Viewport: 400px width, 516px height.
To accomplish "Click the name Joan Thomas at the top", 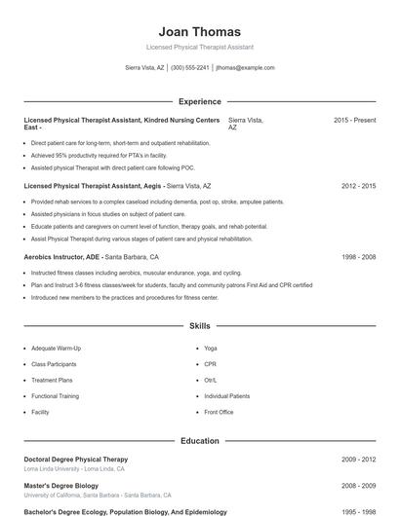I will [x=199, y=32].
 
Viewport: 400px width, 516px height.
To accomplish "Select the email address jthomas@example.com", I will [x=245, y=68].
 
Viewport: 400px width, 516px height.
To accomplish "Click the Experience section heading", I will [x=199, y=101].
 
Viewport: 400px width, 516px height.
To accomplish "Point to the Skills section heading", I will [x=199, y=325].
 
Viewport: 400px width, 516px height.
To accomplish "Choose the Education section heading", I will [x=199, y=441].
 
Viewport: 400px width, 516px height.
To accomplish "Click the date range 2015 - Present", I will [x=354, y=120].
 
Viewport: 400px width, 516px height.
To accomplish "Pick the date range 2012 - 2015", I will [x=358, y=185].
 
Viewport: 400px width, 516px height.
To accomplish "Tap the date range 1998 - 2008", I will [x=358, y=257].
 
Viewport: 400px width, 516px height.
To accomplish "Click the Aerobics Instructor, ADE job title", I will [x=62, y=257].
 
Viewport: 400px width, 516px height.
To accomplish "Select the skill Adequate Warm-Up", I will [x=56, y=348].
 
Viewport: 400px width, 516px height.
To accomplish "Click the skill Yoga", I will [x=211, y=348].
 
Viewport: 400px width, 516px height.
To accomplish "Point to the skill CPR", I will [x=211, y=364].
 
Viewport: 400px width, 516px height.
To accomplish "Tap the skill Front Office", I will [x=219, y=413].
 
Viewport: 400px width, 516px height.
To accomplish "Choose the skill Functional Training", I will [x=55, y=396].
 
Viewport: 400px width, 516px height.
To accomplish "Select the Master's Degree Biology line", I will [x=60, y=485].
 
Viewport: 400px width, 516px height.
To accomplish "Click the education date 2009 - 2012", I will [x=358, y=460].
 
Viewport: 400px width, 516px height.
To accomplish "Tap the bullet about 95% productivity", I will [x=99, y=155].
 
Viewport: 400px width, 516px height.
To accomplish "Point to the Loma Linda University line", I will [x=73, y=469].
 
